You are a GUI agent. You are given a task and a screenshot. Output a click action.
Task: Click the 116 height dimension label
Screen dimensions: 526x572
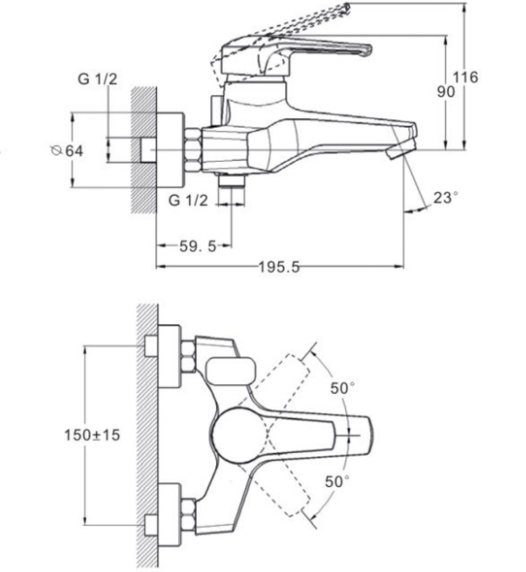click(465, 77)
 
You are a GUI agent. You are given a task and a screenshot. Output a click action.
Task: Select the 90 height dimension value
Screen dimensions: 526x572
click(446, 92)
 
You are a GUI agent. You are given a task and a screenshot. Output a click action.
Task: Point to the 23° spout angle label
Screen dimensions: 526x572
click(445, 198)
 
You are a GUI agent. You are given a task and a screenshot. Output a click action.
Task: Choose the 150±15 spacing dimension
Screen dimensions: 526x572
click(92, 435)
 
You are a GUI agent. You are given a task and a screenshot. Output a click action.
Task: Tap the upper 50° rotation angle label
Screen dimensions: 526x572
click(342, 387)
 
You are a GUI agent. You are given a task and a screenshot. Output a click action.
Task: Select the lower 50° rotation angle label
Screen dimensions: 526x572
click(337, 481)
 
